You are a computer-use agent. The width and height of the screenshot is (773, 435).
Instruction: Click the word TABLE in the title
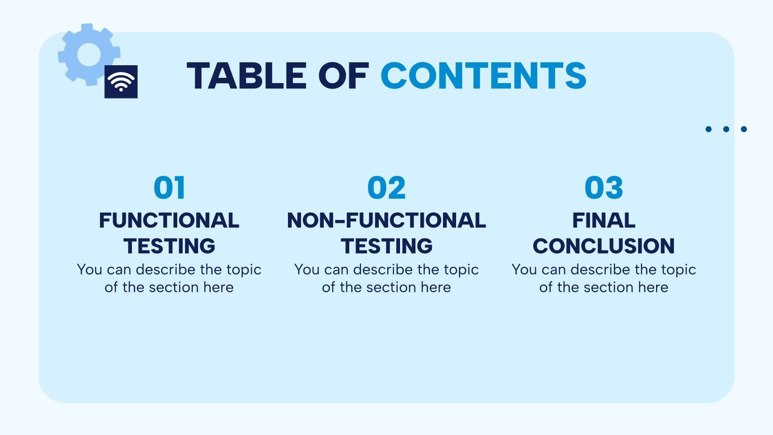click(x=246, y=76)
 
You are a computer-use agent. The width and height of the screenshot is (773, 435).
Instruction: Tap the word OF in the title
click(x=343, y=76)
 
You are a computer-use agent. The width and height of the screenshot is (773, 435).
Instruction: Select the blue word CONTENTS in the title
click(x=483, y=76)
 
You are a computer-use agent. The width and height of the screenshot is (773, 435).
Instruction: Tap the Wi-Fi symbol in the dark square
click(x=121, y=82)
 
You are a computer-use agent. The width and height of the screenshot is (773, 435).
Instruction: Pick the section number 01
click(x=169, y=188)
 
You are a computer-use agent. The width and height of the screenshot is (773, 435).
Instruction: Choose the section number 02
click(x=386, y=188)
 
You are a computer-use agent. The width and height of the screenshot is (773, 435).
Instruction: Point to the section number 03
click(x=603, y=188)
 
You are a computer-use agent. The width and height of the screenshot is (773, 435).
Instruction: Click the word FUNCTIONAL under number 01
click(x=169, y=220)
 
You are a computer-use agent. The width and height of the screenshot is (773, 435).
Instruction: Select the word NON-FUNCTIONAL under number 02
click(x=386, y=220)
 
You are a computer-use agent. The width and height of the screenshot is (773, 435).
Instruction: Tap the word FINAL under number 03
click(x=603, y=220)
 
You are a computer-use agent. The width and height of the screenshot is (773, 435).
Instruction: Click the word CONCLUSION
click(x=603, y=246)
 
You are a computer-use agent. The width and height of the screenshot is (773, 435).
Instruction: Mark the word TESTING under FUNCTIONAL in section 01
click(x=169, y=246)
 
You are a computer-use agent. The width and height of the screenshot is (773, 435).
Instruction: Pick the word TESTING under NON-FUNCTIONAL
click(x=386, y=246)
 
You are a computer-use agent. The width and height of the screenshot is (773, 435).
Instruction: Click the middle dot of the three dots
click(x=726, y=129)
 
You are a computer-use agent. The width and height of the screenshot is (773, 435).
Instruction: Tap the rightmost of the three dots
click(x=744, y=129)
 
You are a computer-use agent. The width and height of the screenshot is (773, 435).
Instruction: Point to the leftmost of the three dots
click(x=708, y=129)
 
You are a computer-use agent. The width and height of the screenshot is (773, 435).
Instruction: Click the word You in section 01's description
click(x=89, y=269)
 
